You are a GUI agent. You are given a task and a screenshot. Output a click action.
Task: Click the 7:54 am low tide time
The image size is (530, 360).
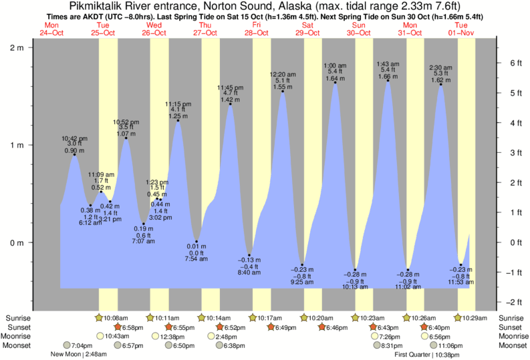(x=196, y=259)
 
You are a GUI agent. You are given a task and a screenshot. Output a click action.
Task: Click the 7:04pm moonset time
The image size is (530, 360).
(x=82, y=345)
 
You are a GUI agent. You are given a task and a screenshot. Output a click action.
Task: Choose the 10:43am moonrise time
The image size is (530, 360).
(x=118, y=336)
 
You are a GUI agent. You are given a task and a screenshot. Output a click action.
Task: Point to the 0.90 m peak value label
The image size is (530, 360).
(x=74, y=150)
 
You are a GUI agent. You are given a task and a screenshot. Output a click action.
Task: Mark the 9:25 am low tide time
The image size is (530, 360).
(x=303, y=283)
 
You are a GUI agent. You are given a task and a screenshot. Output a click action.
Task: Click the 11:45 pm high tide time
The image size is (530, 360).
(x=231, y=87)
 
